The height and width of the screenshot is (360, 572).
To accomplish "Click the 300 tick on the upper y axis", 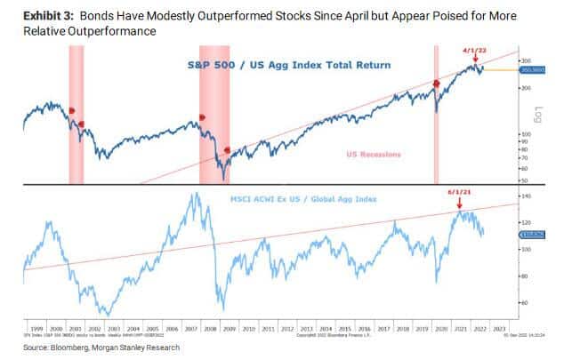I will (x=526, y=60).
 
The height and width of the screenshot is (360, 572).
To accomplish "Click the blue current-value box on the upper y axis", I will (x=532, y=70).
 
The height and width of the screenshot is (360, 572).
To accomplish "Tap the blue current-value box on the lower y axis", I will (x=532, y=234).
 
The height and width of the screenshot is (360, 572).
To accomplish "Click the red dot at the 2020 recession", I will (x=436, y=84).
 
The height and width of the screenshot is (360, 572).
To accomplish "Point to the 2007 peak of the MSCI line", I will (x=194, y=195).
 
